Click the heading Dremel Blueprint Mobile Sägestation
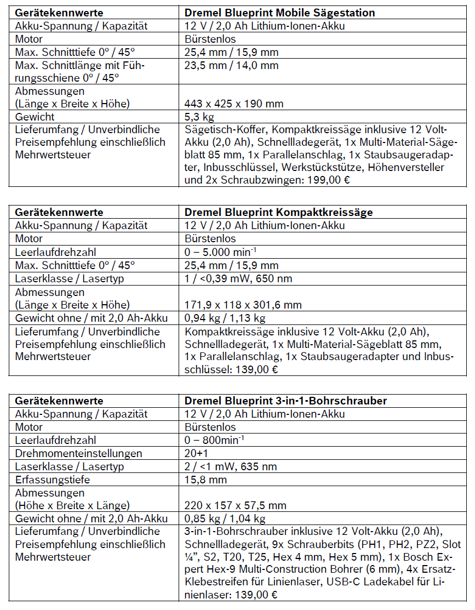[x=280, y=12]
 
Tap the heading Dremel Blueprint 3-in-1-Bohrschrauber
[x=285, y=401]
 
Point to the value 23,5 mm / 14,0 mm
[x=232, y=66]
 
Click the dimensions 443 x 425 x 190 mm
[x=234, y=104]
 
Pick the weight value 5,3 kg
[x=199, y=117]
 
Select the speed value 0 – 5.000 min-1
[x=221, y=252]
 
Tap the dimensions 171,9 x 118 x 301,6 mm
[x=243, y=305]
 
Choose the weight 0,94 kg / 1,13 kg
[x=225, y=318]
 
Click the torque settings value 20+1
[x=197, y=454]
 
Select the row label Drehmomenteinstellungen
[x=79, y=454]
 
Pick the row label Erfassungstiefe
[x=53, y=480]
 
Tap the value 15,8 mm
[x=206, y=480]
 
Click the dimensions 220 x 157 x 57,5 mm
[x=236, y=505]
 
